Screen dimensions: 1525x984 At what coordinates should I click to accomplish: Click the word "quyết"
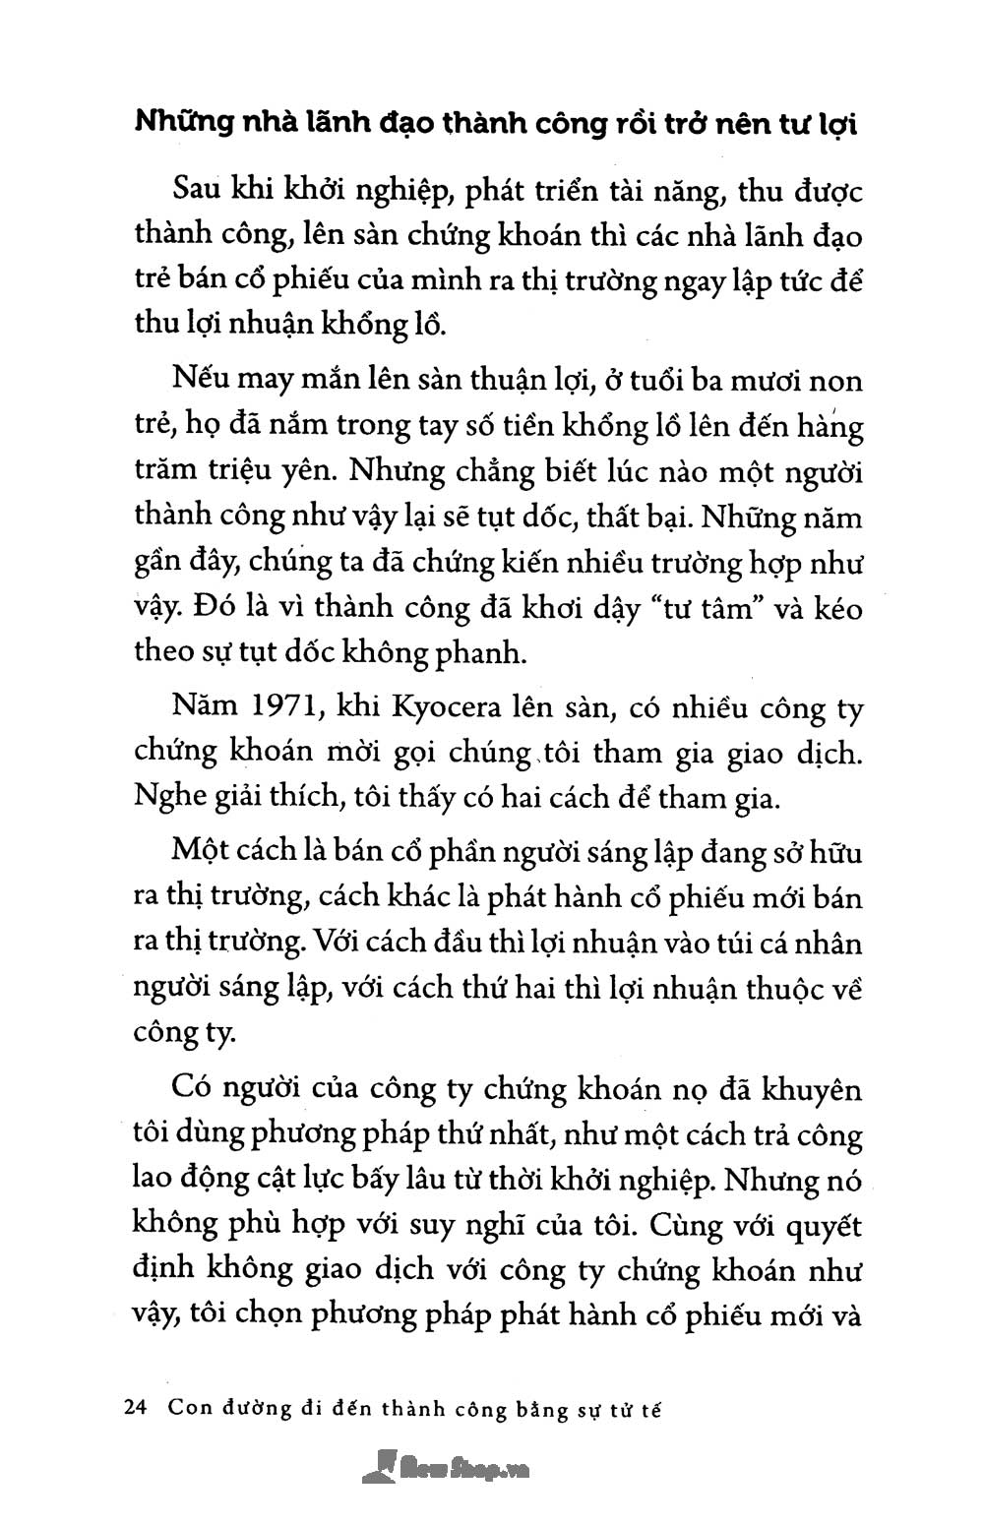[x=821, y=1227]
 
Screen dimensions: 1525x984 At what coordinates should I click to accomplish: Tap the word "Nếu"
[x=197, y=380]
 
